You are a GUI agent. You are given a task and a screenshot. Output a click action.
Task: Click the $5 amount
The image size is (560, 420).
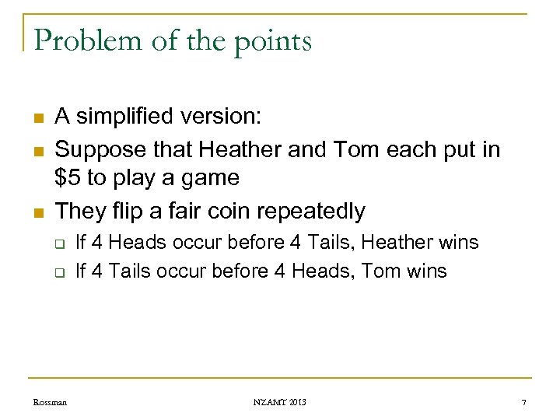point(68,178)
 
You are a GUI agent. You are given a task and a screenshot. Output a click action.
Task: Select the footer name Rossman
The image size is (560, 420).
point(51,402)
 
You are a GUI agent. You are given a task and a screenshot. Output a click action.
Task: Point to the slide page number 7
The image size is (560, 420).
point(524,402)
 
